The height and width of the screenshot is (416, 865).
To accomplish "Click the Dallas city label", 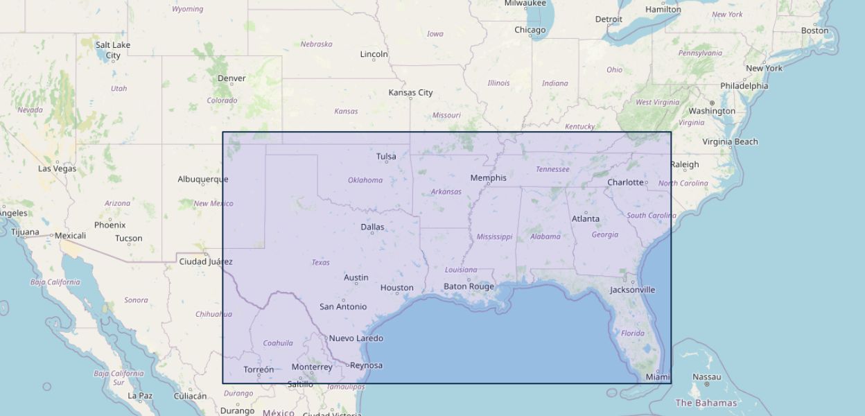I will pyautogui.click(x=372, y=227).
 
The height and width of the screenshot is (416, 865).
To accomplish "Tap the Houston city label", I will pyautogui.click(x=396, y=288).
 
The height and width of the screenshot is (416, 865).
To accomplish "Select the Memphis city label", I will pyautogui.click(x=488, y=178).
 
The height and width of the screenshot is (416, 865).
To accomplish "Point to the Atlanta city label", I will pyautogui.click(x=585, y=219).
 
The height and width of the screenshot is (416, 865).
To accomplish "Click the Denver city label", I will pyautogui.click(x=231, y=78).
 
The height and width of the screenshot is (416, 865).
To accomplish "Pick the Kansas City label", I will pyautogui.click(x=410, y=92).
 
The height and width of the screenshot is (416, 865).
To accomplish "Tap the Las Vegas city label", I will pyautogui.click(x=57, y=168).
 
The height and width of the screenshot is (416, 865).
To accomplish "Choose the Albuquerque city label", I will pyautogui.click(x=202, y=179).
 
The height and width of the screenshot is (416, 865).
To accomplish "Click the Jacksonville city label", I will pyautogui.click(x=632, y=290).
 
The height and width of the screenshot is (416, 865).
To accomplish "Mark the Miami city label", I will pyautogui.click(x=658, y=377).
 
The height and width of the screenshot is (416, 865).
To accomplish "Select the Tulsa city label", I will pyautogui.click(x=386, y=157).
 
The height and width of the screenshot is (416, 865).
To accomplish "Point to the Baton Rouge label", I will pyautogui.click(x=469, y=286).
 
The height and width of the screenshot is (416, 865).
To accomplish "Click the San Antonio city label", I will pyautogui.click(x=343, y=306).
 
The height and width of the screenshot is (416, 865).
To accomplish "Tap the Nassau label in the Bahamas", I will pyautogui.click(x=707, y=377).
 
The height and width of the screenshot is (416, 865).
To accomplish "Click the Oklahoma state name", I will pyautogui.click(x=365, y=180).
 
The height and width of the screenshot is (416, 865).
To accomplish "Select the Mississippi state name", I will pyautogui.click(x=494, y=237).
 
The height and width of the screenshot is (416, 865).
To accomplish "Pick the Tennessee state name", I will pyautogui.click(x=552, y=169).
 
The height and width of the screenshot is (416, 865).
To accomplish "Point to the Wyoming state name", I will pyautogui.click(x=187, y=9).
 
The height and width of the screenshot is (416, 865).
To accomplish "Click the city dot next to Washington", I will pyautogui.click(x=712, y=103).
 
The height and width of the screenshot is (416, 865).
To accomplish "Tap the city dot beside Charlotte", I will pyautogui.click(x=647, y=183).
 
